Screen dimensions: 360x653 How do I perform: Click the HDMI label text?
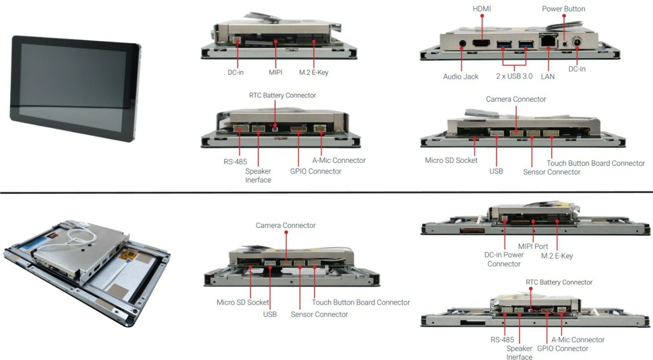click(482, 9)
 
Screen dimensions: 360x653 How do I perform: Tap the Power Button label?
click(563, 9)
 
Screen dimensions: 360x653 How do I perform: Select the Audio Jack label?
click(460, 77)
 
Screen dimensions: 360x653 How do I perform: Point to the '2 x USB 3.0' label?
click(514, 76)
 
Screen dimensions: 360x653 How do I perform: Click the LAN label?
click(548, 77)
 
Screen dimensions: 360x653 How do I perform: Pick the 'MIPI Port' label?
click(533, 246)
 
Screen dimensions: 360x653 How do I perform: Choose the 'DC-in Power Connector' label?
click(504, 259)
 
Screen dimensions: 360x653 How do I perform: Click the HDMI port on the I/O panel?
click(482, 43)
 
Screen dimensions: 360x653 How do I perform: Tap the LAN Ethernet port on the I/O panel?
click(548, 41)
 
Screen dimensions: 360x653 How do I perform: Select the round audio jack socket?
click(463, 43)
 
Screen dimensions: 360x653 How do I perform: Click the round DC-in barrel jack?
click(577, 43)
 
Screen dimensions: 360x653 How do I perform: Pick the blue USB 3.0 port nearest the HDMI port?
click(504, 44)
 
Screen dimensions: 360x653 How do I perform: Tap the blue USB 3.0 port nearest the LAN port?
click(526, 44)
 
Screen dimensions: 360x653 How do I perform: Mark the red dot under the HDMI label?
click(482, 16)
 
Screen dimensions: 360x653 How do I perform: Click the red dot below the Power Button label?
click(564, 16)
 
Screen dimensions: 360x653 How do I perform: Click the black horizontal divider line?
click(326, 193)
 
